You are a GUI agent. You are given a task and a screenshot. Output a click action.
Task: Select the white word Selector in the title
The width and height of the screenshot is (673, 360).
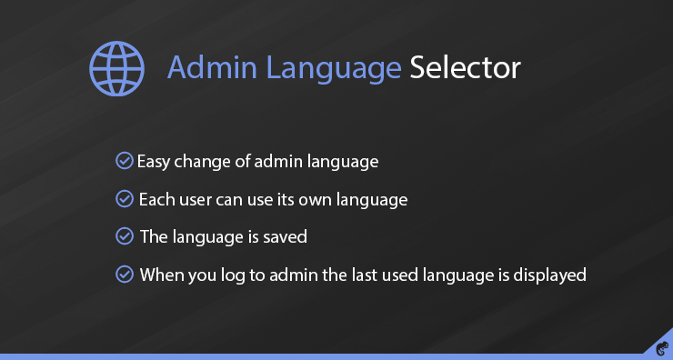[465, 68]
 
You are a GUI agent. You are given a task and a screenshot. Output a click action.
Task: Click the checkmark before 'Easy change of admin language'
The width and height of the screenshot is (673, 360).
[125, 162]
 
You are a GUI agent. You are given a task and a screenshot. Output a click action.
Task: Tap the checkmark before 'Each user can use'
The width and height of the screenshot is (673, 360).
[125, 198]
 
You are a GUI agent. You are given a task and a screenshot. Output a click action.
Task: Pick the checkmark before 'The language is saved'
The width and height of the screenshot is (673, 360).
[125, 236]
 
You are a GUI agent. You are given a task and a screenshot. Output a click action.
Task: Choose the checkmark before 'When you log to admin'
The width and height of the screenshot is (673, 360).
[125, 274]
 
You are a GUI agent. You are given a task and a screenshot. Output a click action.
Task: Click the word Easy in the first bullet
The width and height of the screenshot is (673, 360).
[154, 163]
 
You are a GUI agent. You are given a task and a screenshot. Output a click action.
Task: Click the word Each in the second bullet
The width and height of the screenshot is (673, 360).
[156, 199]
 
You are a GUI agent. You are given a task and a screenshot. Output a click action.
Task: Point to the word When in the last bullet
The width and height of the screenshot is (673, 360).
[161, 274]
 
